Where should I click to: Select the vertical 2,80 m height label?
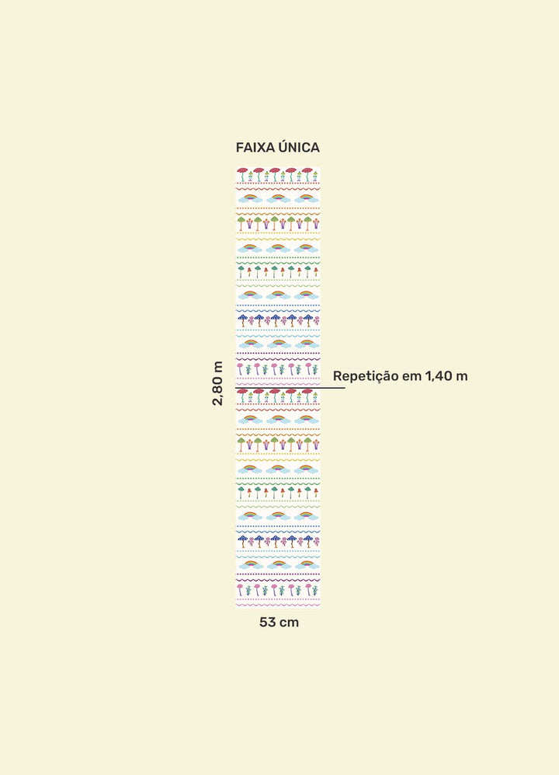[217, 383]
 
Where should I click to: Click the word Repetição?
[366, 376]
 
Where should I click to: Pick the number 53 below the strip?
[267, 623]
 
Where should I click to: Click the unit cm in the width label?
[290, 623]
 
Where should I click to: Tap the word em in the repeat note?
[411, 377]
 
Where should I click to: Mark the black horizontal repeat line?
[290, 388]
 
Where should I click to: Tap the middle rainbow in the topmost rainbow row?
[278, 198]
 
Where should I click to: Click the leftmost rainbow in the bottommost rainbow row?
[250, 564]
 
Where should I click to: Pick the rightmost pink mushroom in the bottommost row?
[308, 589]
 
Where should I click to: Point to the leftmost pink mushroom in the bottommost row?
[240, 589]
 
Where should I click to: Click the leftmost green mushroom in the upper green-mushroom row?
[241, 223]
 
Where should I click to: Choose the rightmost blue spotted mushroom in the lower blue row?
[308, 541]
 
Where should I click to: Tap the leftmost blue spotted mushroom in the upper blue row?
[242, 319]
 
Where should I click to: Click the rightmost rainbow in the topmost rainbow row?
[306, 198]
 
